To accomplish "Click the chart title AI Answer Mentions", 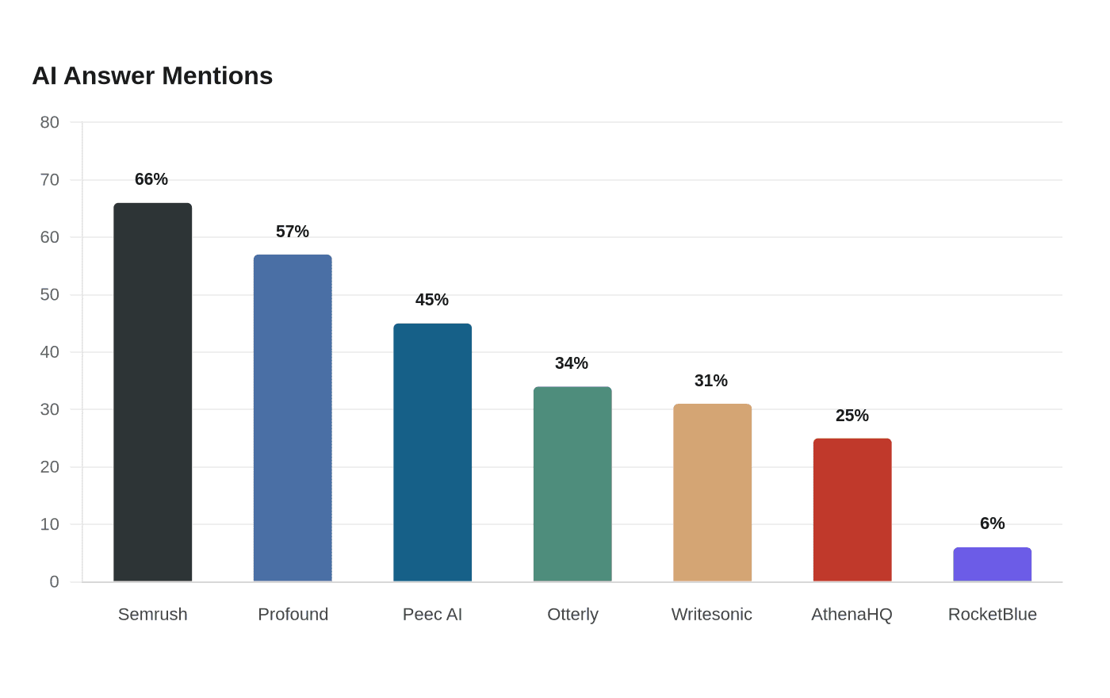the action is click(x=152, y=76).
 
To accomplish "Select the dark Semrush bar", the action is click(x=152, y=392).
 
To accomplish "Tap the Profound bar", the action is click(x=293, y=417).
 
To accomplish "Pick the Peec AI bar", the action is click(x=433, y=452).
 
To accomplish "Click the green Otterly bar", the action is click(x=572, y=483).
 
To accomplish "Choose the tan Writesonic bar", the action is click(x=713, y=493).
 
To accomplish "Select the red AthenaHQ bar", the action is click(x=852, y=509).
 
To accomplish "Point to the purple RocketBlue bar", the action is click(x=992, y=564).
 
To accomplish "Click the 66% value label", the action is click(x=151, y=179).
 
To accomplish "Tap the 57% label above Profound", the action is click(x=293, y=232).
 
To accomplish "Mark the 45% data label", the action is click(x=431, y=300).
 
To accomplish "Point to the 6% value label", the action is click(x=992, y=523).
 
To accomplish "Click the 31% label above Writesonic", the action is click(x=711, y=380).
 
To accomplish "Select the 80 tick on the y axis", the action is click(x=49, y=122).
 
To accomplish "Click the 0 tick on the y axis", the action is click(x=55, y=581).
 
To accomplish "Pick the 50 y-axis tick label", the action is click(x=49, y=294).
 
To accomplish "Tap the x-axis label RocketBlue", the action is click(x=992, y=614).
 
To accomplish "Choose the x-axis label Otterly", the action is click(x=572, y=615).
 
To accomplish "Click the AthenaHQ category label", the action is click(x=852, y=615).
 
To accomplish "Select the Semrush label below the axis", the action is click(x=152, y=614).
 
